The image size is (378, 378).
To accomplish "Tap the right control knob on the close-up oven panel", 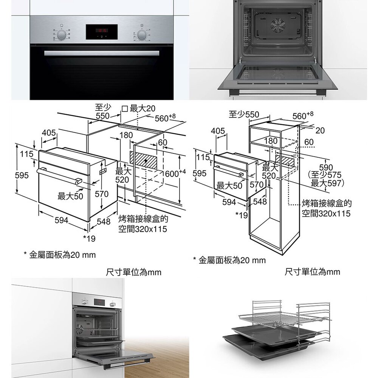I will point(142,35).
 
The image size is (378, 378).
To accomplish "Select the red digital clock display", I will point(102,30).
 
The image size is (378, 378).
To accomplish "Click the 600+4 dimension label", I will point(176,173).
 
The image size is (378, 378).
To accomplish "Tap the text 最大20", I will point(142,109).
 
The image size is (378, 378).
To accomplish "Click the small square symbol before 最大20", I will point(125,109).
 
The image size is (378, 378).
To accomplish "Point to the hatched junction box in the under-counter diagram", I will point(143,159).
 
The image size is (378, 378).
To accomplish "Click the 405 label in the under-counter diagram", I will point(49,133).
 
